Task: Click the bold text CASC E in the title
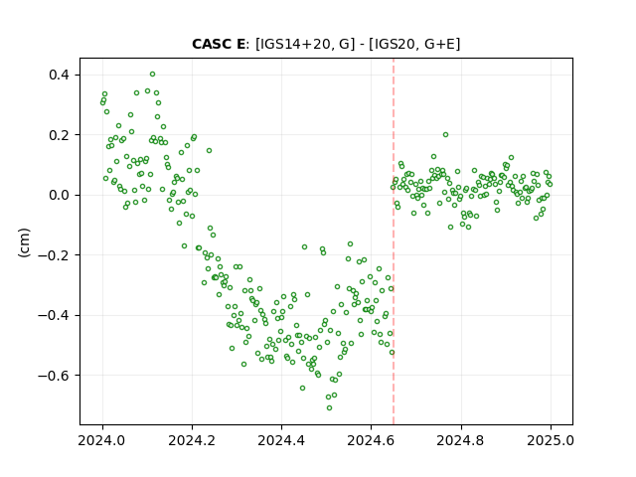tap(219, 44)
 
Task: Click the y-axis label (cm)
tap(24, 242)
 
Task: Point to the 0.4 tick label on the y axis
tap(60, 76)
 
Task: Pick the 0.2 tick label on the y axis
tap(60, 135)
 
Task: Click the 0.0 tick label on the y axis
tap(60, 195)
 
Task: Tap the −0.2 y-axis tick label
tap(54, 255)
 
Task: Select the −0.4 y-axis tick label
tap(54, 315)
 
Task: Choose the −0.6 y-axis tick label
tap(54, 376)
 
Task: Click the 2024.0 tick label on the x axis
tap(102, 440)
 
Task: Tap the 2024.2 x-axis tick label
tap(192, 440)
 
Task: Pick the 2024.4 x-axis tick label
tap(281, 440)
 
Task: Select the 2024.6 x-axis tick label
tap(371, 440)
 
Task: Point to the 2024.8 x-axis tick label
tap(461, 440)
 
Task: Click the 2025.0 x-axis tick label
tap(551, 440)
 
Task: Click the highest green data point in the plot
tap(152, 75)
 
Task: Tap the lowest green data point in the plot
tap(329, 407)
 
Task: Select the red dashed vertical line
tap(394, 241)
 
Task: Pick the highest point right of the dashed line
tap(445, 135)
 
